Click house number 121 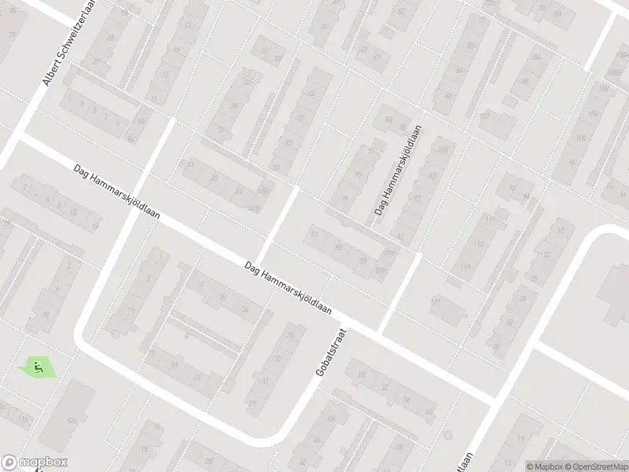point(435,301)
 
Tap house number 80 point(449,96)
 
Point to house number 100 point(582,139)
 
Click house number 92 point(512,187)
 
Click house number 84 point(538,57)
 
